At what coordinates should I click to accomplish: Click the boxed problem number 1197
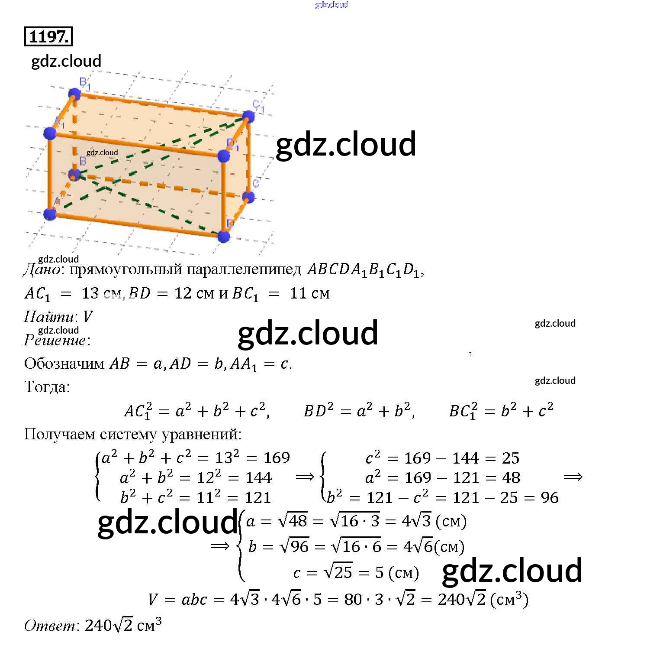click(x=48, y=37)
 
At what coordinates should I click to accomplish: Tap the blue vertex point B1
click(x=74, y=94)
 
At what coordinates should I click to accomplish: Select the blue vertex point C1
click(x=248, y=117)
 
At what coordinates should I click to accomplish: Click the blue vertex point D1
click(x=224, y=156)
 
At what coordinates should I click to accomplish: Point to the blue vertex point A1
click(x=50, y=133)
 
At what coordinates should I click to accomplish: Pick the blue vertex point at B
click(x=74, y=175)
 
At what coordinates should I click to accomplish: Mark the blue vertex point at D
click(x=224, y=237)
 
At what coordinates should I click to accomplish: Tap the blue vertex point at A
click(x=50, y=214)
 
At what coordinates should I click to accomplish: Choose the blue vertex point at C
click(x=248, y=198)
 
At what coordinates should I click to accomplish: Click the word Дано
click(x=42, y=270)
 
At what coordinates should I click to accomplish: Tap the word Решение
click(x=55, y=341)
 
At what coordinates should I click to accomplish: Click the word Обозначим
click(x=64, y=364)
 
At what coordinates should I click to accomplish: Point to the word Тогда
click(x=46, y=387)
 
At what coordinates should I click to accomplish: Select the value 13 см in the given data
click(x=101, y=293)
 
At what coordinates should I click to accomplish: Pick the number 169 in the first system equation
click(x=277, y=458)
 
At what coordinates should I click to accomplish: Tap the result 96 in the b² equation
click(x=550, y=497)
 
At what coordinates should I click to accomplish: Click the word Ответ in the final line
click(x=49, y=626)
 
